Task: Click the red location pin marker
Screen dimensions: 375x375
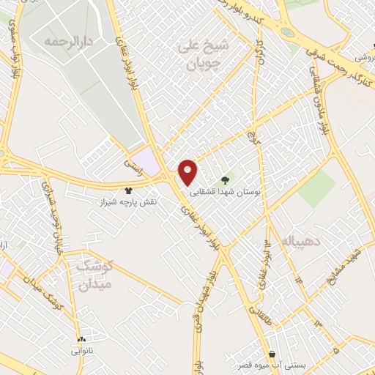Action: coord(188,171)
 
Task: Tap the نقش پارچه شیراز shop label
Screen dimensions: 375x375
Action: coord(129,200)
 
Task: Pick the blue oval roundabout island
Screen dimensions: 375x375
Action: coord(286,32)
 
